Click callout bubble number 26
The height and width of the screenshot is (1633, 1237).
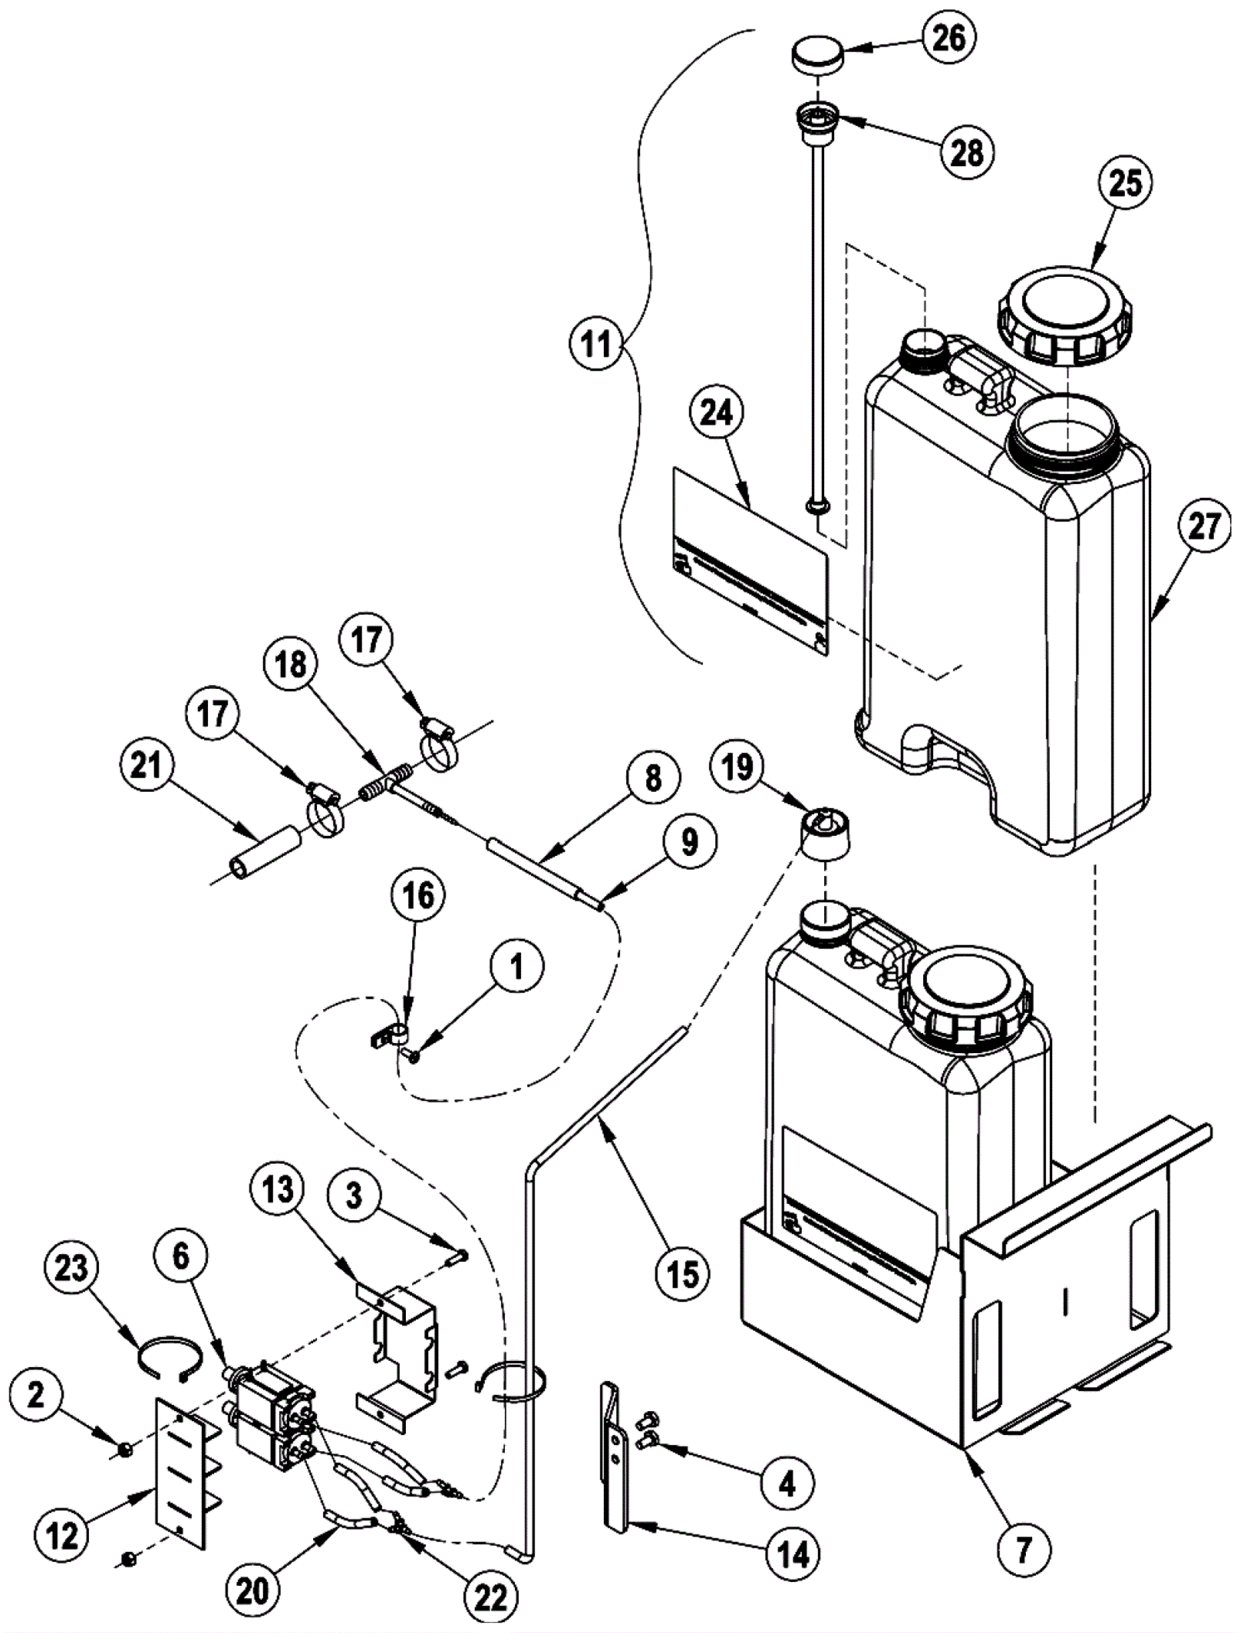(x=949, y=38)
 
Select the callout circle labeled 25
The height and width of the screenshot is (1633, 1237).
(x=1125, y=184)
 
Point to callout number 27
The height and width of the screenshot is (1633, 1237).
(x=1204, y=527)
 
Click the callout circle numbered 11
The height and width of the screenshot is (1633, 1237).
(x=596, y=343)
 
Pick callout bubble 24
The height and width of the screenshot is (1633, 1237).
(x=716, y=414)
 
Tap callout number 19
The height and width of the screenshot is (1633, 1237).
(x=737, y=767)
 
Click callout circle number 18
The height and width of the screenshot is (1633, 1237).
(x=290, y=665)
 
